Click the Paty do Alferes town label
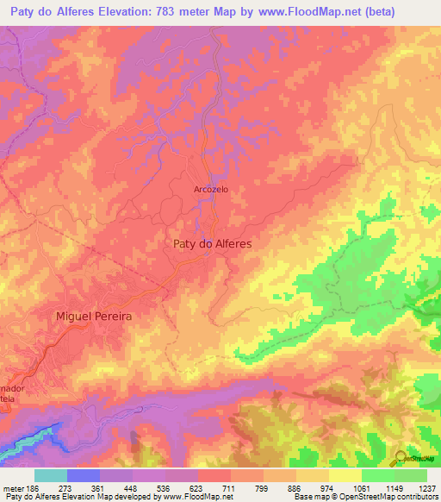point(212,244)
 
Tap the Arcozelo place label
point(212,190)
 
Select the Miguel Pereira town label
point(94,317)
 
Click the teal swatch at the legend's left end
point(51,475)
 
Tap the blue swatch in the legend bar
point(84,475)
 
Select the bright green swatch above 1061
point(378,475)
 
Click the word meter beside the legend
point(13,487)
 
